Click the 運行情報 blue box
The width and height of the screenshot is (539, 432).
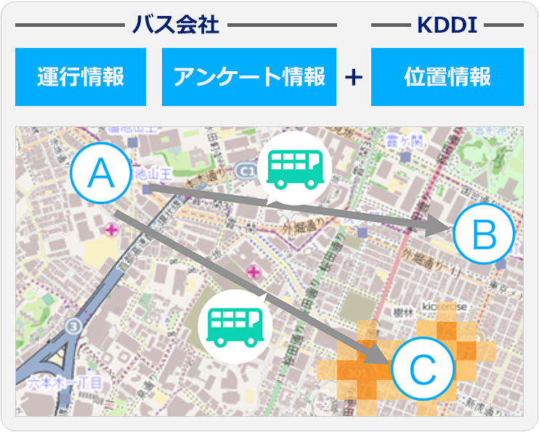point(81,77)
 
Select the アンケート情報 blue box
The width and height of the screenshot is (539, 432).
point(248,77)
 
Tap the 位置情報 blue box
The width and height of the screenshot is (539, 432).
point(447,77)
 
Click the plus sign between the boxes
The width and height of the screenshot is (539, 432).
point(354,78)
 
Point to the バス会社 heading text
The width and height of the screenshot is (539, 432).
point(175,25)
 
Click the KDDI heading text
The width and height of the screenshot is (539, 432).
point(447,25)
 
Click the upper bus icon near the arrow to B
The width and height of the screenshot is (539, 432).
point(295,168)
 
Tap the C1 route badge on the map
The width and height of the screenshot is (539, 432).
point(246,171)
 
